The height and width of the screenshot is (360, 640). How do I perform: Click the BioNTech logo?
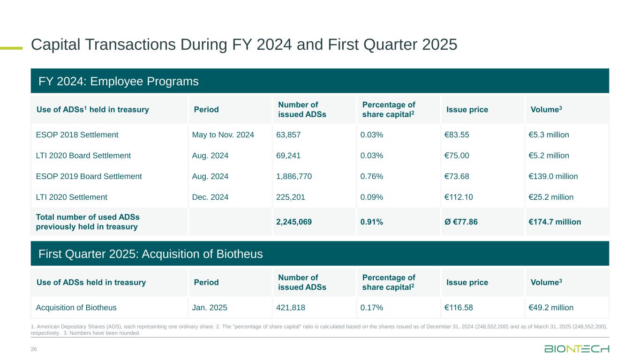coord(577,349)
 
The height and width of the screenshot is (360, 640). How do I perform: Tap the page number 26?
coord(34,349)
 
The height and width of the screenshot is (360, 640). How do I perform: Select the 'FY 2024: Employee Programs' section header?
coord(119,82)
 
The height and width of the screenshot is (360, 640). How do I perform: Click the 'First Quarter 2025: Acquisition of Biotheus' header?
coord(151,254)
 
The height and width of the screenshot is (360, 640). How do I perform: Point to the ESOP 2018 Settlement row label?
coord(77,135)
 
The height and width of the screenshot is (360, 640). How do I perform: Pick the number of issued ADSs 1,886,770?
coord(294,176)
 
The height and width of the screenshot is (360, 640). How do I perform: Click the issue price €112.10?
coord(459,197)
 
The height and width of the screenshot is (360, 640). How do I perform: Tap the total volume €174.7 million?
coord(555,222)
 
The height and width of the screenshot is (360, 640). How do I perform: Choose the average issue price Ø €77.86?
coord(461,222)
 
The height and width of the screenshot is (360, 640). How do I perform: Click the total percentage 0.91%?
coord(371,222)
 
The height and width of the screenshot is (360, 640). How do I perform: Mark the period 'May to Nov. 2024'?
coord(223,135)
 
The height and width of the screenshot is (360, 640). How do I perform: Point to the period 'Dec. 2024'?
coord(211,197)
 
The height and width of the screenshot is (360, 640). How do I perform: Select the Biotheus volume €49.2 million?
coord(551,308)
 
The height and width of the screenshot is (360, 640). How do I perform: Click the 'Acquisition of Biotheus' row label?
coord(76,308)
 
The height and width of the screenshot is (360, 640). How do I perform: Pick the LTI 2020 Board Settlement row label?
coord(83,156)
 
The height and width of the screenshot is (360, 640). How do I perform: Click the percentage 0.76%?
coord(371,176)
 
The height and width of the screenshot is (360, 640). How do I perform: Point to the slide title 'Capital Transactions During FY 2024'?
coord(244,45)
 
